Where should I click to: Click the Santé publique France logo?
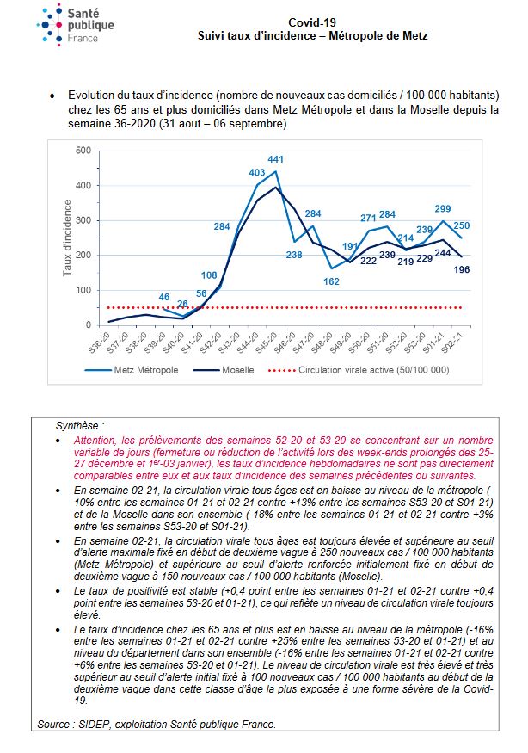(76, 25)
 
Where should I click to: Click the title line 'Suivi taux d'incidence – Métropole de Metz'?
(312, 35)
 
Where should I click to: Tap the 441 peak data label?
(275, 159)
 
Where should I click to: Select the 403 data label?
(257, 172)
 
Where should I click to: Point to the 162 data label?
(331, 281)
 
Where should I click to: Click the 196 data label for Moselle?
(461, 270)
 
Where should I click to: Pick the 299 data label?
(443, 208)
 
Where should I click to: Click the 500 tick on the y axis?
(83, 151)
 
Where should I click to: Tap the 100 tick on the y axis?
(83, 290)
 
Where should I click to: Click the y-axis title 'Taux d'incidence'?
(67, 238)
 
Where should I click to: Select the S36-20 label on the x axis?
(100, 343)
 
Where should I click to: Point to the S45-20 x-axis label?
(267, 343)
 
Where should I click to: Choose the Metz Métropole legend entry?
(132, 370)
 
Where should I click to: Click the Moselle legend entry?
(224, 370)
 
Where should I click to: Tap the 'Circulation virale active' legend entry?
(359, 370)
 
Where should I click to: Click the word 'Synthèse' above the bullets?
(77, 425)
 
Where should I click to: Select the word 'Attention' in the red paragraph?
(95, 441)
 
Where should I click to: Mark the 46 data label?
(164, 297)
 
